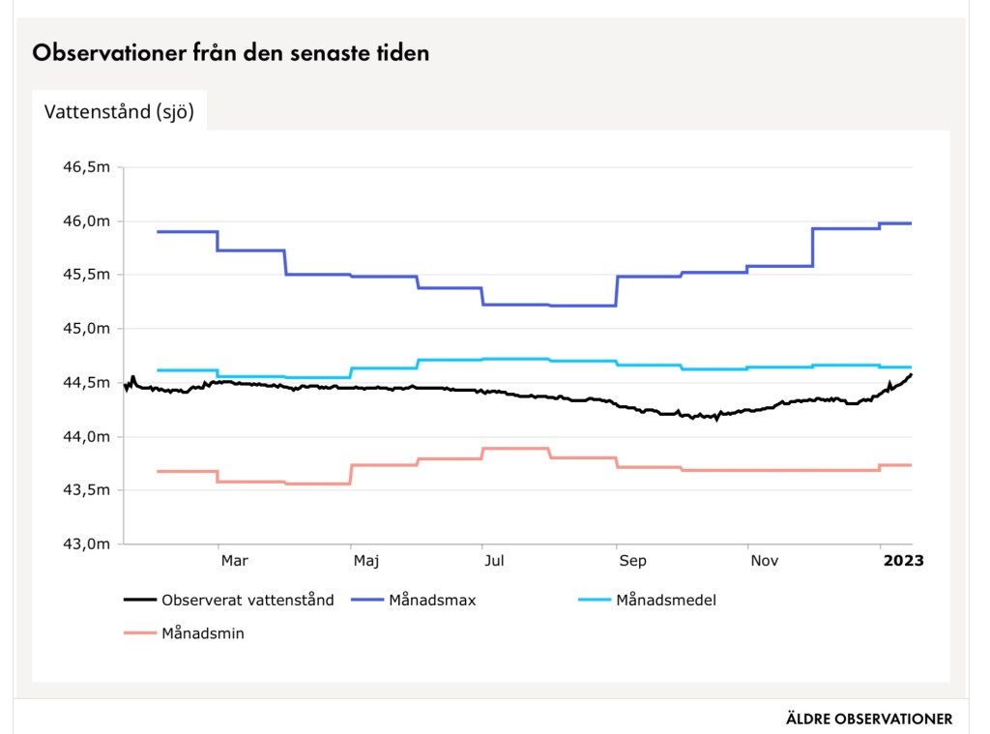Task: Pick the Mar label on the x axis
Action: (234, 560)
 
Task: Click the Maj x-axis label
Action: (365, 560)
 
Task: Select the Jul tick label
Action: (493, 560)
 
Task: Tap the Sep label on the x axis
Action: (632, 560)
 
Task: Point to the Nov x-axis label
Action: (764, 560)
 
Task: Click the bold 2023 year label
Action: (903, 560)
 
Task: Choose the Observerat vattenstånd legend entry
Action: (247, 600)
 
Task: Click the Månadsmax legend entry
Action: (432, 600)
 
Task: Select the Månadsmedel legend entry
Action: (665, 600)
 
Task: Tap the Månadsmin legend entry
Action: (202, 634)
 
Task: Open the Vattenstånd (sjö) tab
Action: (120, 111)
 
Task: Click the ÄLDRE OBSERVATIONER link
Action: (869, 719)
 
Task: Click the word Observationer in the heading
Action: (103, 53)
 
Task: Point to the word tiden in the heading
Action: (402, 53)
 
